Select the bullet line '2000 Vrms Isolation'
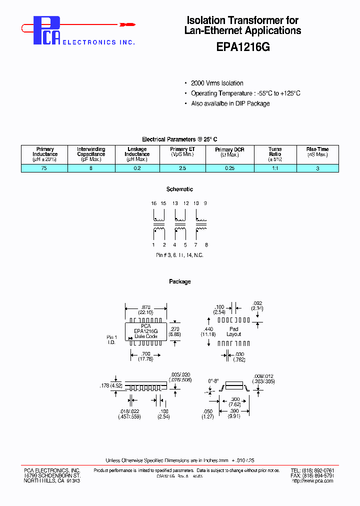coord(217,83)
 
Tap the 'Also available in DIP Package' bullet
coord(230,103)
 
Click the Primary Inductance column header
coord(45,154)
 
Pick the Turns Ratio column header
coord(275,154)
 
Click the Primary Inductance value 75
coord(45,168)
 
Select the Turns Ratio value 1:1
coord(275,168)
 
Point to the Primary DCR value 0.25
coord(229,168)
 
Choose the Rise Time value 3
coord(317,168)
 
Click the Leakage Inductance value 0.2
coord(137,168)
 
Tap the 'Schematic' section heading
coord(179,189)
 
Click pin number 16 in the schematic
coord(153,203)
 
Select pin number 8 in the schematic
coord(206,245)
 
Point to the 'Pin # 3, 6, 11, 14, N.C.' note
coord(179,255)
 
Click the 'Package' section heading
coord(179,282)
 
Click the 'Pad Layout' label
coord(233,331)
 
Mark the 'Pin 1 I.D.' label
coord(112,340)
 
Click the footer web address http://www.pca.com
coord(312,481)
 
